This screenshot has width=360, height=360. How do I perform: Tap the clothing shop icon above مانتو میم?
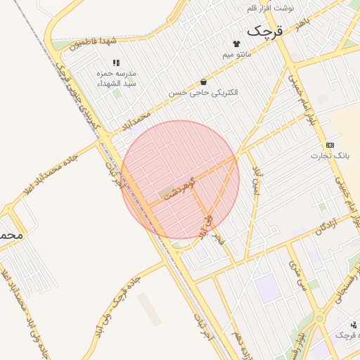[x=236, y=44]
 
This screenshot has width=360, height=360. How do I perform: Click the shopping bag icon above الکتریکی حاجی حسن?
[x=203, y=82]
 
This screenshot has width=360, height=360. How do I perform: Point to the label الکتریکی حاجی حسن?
[x=203, y=93]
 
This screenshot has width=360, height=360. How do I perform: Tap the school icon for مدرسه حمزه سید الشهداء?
[x=116, y=63]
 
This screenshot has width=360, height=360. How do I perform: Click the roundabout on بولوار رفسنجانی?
[x=320, y=319]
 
